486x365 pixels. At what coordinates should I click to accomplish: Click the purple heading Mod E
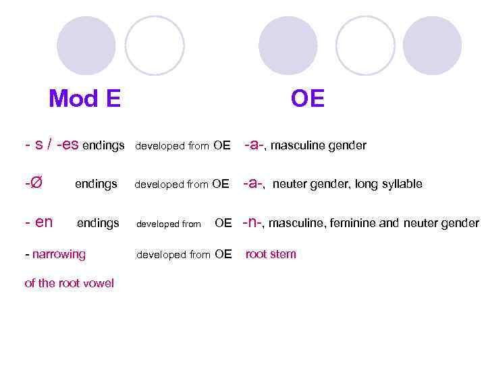pyautogui.click(x=84, y=99)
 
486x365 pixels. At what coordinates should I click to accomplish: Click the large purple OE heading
pyautogui.click(x=308, y=99)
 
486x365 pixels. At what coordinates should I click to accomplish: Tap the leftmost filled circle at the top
pyautogui.click(x=86, y=45)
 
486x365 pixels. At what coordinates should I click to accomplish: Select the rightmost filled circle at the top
pyautogui.click(x=432, y=45)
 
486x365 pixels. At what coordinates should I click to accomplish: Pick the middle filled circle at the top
pyautogui.click(x=288, y=45)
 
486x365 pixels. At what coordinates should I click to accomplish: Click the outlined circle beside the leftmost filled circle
pyautogui.click(x=155, y=45)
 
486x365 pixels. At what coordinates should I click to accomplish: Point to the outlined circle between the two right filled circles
pyautogui.click(x=365, y=45)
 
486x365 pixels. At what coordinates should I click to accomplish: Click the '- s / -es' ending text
pyautogui.click(x=51, y=145)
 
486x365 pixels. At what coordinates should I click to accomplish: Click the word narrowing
pyautogui.click(x=59, y=254)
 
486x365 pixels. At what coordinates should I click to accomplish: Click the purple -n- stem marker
pyautogui.click(x=252, y=222)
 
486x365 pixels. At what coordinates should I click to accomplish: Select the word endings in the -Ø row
pyautogui.click(x=96, y=184)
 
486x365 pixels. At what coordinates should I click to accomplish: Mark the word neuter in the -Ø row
pyautogui.click(x=289, y=184)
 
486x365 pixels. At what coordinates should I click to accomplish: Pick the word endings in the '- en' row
pyautogui.click(x=98, y=222)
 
